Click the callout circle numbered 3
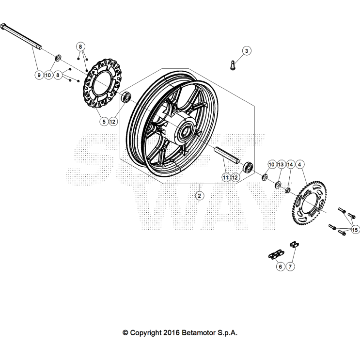coord(246,51)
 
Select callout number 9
coord(38,75)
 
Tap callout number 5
coord(103,122)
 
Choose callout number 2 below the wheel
coord(199,196)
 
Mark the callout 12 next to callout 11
coord(235,178)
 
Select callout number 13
coord(281,165)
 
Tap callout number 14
coord(290,165)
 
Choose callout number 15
coord(355,229)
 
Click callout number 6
coord(280,266)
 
